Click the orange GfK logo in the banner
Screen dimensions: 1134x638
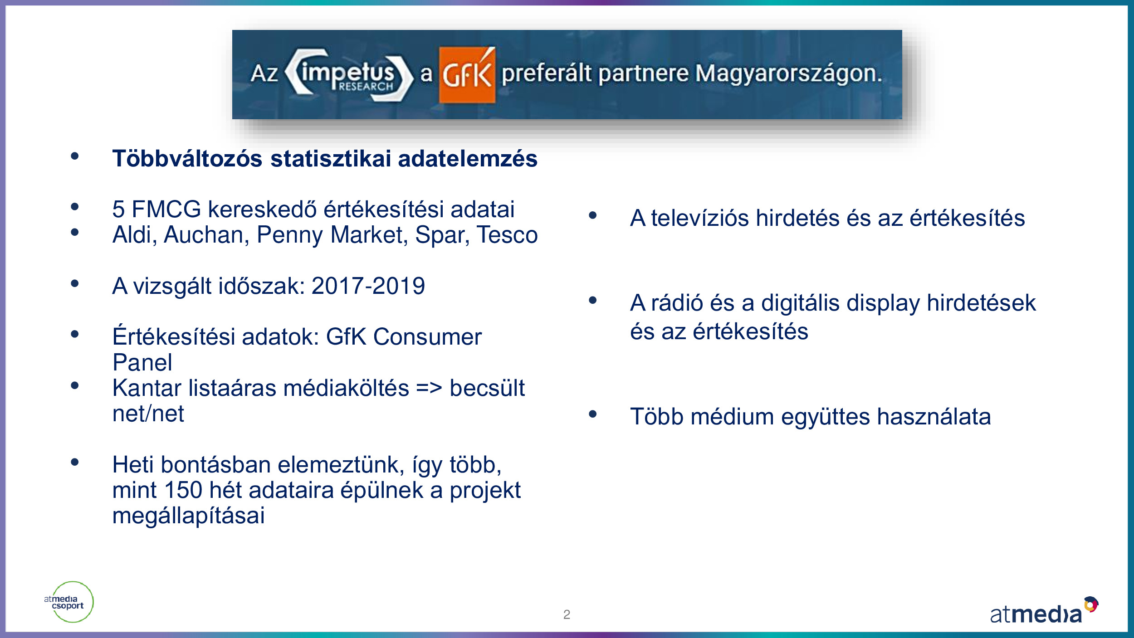point(467,75)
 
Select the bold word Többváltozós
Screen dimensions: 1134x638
point(187,159)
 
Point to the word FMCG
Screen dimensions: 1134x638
point(166,209)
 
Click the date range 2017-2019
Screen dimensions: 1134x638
point(368,286)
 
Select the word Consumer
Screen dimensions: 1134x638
point(427,337)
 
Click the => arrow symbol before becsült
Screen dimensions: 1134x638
point(429,389)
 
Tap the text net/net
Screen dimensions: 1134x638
point(148,414)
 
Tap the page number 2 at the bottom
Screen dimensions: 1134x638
point(567,614)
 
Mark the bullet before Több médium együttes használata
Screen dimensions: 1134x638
point(592,414)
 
